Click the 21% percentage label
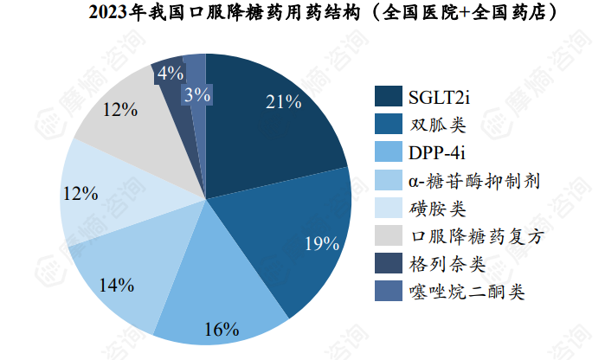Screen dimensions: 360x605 tap(283, 102)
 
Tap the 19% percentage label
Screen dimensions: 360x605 tap(321, 243)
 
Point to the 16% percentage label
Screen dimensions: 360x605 tap(222, 330)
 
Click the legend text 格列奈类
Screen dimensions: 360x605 tap(449, 265)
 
